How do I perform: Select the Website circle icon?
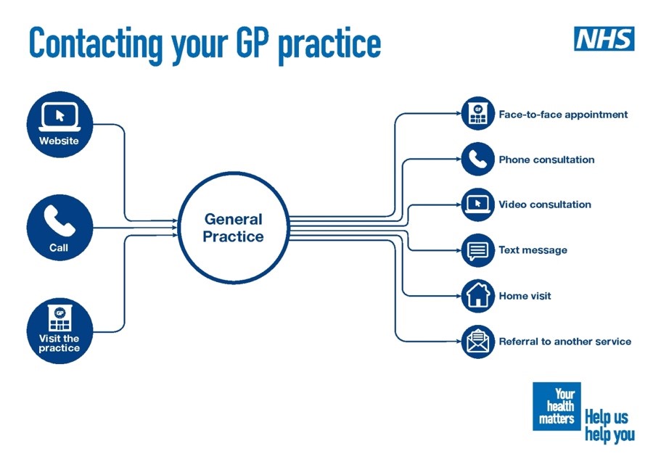59,124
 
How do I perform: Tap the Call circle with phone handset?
59,228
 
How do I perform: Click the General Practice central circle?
233,228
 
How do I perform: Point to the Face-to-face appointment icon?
477,115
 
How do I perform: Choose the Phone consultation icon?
477,160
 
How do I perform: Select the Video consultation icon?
477,204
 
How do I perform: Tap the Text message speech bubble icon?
477,250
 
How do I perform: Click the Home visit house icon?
477,296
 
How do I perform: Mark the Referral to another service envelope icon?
477,342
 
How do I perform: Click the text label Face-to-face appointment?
563,115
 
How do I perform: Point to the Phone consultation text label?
546,160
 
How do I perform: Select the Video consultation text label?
544,204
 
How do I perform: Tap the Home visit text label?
525,296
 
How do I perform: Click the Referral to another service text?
564,342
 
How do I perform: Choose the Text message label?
533,250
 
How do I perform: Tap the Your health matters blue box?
557,406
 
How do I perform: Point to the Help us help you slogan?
609,426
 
